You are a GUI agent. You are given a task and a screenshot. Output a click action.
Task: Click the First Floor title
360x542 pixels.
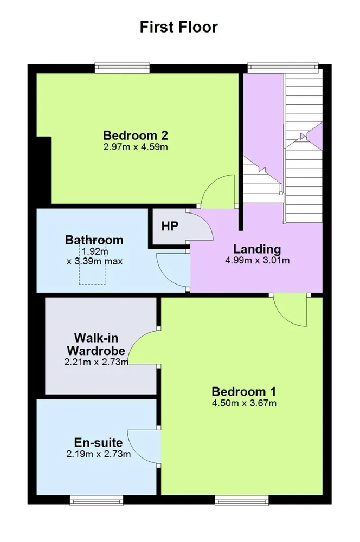[178, 27]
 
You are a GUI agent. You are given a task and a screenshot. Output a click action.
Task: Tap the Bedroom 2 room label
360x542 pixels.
[136, 135]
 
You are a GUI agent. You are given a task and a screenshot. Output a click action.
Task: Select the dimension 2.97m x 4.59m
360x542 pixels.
[136, 147]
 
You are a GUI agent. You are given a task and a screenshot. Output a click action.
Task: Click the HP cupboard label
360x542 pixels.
[170, 226]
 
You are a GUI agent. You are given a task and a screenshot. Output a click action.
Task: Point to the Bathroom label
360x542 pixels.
[94, 240]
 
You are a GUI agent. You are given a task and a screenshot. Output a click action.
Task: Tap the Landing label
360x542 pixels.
[257, 249]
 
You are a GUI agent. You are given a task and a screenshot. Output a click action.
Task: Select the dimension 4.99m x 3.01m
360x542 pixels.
[258, 260]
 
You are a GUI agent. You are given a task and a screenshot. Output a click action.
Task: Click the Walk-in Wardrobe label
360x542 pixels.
[96, 344]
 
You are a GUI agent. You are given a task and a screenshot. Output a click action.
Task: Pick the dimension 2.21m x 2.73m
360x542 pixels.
[96, 362]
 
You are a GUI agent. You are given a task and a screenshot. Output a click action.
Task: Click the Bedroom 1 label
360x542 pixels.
[244, 392]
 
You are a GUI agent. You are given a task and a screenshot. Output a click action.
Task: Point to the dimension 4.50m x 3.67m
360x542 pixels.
[244, 403]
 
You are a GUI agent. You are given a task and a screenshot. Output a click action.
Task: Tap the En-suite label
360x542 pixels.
[98, 442]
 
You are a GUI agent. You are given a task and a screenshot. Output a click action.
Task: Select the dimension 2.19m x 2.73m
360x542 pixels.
[99, 454]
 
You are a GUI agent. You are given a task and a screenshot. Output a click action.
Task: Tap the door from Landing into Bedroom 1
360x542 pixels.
[290, 311]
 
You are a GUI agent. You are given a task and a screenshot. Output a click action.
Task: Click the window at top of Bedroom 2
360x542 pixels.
[123, 68]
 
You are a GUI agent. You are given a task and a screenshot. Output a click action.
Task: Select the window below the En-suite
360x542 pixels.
[97, 500]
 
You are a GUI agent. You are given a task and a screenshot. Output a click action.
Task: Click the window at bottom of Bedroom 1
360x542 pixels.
[242, 500]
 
